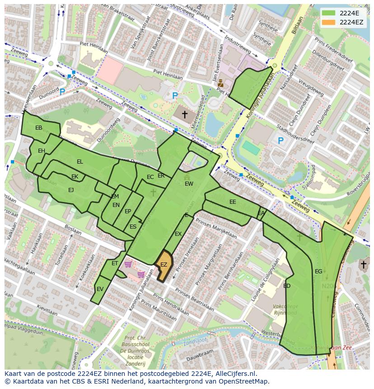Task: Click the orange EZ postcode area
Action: (x=163, y=265)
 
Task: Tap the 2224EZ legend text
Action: (x=351, y=22)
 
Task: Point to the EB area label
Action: (x=39, y=128)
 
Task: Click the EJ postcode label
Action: (x=71, y=190)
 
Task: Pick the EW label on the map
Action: (x=189, y=184)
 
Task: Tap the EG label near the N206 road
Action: (x=318, y=272)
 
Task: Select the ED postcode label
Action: (x=287, y=286)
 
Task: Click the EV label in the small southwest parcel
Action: (x=100, y=289)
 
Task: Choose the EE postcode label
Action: (x=233, y=202)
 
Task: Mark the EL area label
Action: (x=80, y=162)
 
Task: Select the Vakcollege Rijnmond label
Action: (x=285, y=310)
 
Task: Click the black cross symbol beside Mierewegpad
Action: (x=184, y=115)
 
